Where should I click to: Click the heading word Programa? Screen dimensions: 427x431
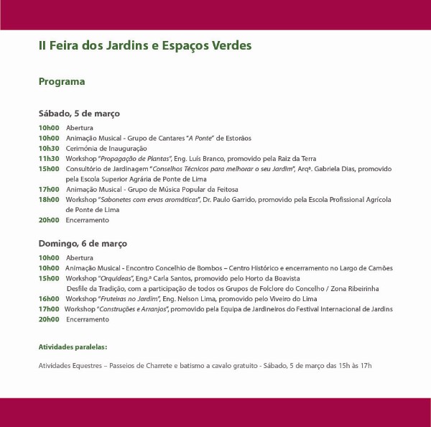(62, 82)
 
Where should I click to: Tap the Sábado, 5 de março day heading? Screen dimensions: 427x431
(79, 114)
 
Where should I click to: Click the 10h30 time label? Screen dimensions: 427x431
(49, 148)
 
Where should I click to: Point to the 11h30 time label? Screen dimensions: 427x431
(49, 158)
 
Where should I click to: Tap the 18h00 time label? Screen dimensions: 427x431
(49, 199)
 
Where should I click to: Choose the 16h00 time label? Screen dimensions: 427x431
(49, 298)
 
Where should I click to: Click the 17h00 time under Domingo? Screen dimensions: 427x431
(49, 308)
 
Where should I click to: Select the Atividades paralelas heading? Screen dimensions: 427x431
(73, 346)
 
